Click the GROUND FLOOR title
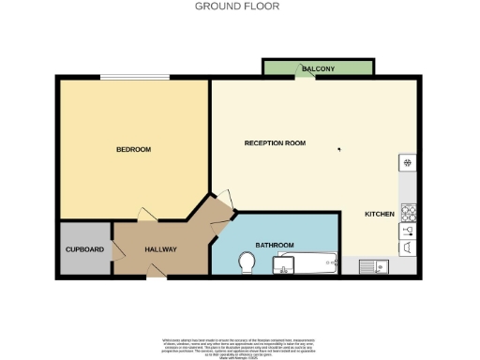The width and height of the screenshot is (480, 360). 236,6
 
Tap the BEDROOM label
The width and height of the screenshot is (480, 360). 133,149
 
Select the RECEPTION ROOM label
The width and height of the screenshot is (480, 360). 275,143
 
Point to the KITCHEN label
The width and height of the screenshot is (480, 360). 380,215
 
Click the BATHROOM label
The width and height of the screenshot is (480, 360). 274,245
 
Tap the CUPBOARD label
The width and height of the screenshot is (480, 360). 83,249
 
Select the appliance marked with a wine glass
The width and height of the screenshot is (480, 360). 409,229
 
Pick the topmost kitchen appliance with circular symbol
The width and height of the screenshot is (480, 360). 409,163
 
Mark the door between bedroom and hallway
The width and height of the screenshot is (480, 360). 143,215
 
